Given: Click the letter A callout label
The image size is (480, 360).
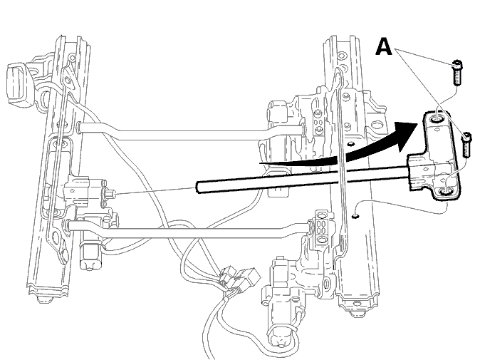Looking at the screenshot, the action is (384, 46).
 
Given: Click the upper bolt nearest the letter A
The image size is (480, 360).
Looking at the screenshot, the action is (457, 72).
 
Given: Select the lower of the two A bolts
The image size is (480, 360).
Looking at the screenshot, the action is (466, 145).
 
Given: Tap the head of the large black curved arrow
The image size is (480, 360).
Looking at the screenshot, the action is (406, 135).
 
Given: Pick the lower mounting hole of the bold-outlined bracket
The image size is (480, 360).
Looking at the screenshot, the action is (446, 192).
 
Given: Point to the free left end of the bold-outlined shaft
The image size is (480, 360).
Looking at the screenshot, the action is (199, 187).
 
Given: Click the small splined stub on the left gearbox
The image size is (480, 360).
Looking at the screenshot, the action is (110, 194).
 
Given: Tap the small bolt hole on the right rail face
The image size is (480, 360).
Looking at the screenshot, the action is (355, 216).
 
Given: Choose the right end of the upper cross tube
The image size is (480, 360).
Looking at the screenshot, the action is (303, 129).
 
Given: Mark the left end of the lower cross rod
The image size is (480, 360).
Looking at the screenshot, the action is (69, 225).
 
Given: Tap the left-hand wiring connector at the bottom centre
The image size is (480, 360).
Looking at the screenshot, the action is (227, 275).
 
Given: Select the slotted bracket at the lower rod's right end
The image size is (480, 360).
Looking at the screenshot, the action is (321, 227).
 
